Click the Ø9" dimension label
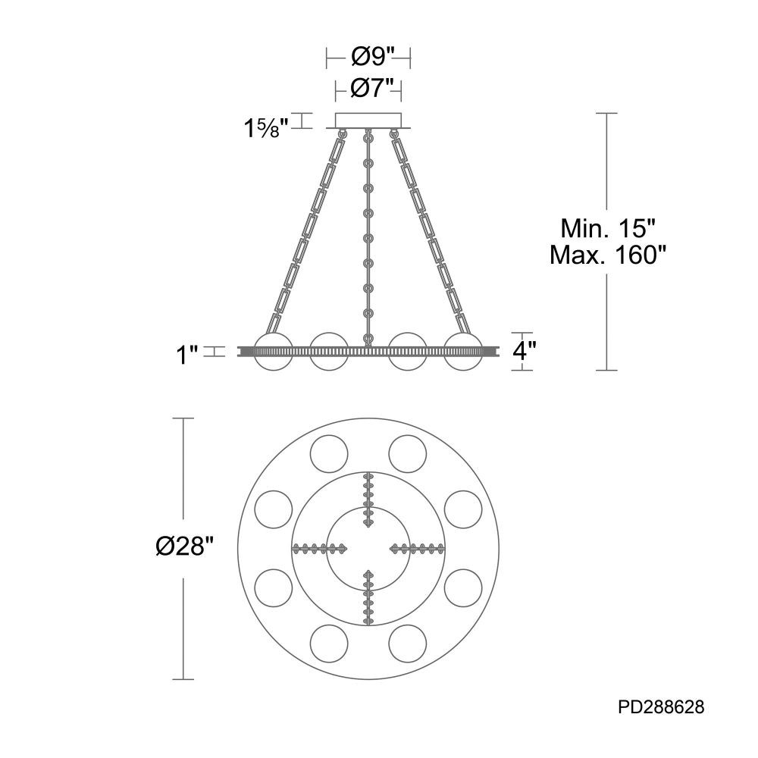[369, 58]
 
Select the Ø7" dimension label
[369, 89]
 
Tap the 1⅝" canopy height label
[266, 128]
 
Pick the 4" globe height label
[524, 352]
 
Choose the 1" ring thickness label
[186, 356]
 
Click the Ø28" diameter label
[183, 548]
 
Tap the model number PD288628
[661, 708]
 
